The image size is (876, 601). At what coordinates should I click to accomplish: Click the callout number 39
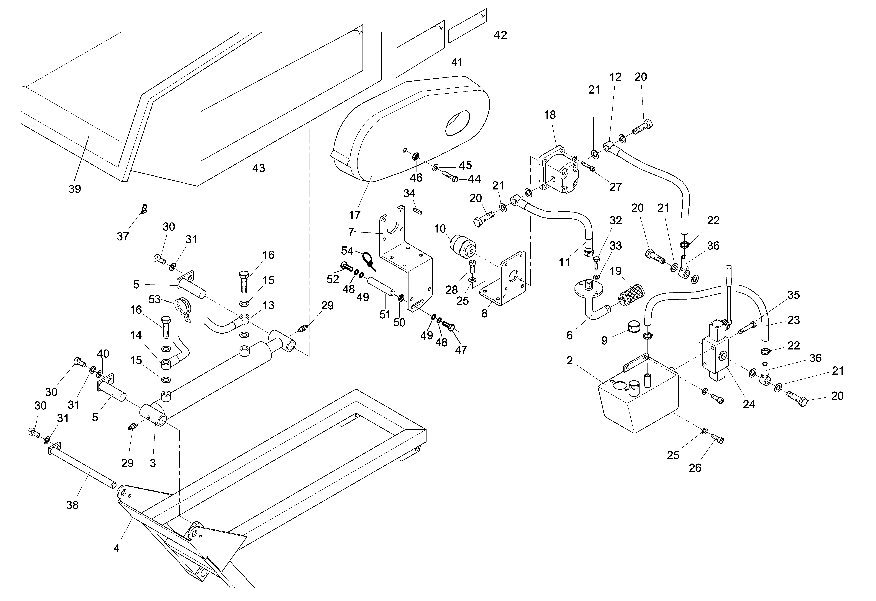click(75, 189)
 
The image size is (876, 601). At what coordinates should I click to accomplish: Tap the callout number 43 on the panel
click(259, 168)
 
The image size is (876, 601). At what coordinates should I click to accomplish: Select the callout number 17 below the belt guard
click(355, 215)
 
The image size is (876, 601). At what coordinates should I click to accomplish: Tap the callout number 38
click(72, 505)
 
